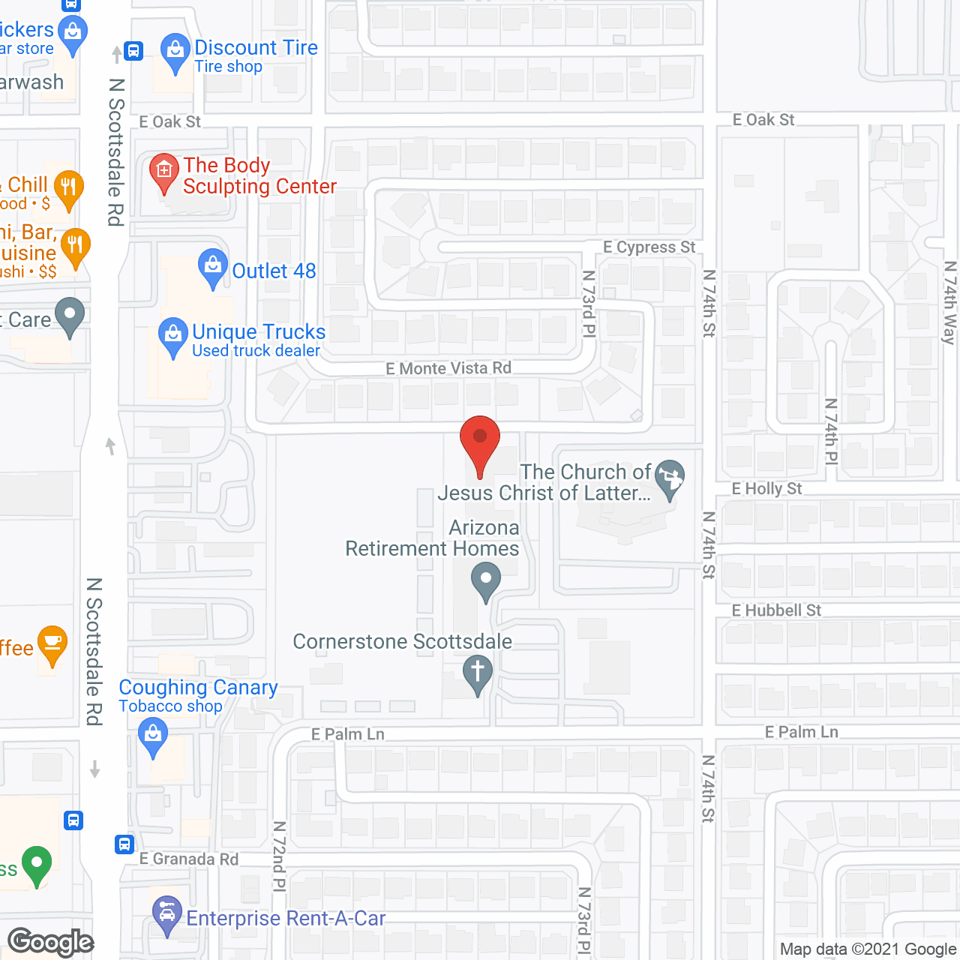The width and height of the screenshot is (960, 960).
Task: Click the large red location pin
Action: [480, 442]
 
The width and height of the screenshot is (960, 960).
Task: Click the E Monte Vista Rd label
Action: [448, 368]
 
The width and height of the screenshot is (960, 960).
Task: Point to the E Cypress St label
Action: [649, 247]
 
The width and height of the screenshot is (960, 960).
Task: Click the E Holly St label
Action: [766, 489]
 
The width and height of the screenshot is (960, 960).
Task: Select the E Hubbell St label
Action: [776, 610]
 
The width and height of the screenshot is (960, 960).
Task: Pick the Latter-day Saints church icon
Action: [670, 477]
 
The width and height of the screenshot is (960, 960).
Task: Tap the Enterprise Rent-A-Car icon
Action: [166, 913]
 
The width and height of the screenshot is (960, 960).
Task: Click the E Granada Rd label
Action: [189, 859]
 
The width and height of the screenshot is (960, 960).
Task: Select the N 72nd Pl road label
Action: [279, 856]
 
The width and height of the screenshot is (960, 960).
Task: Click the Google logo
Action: [51, 942]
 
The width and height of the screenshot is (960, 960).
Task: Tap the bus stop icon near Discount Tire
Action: [133, 51]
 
